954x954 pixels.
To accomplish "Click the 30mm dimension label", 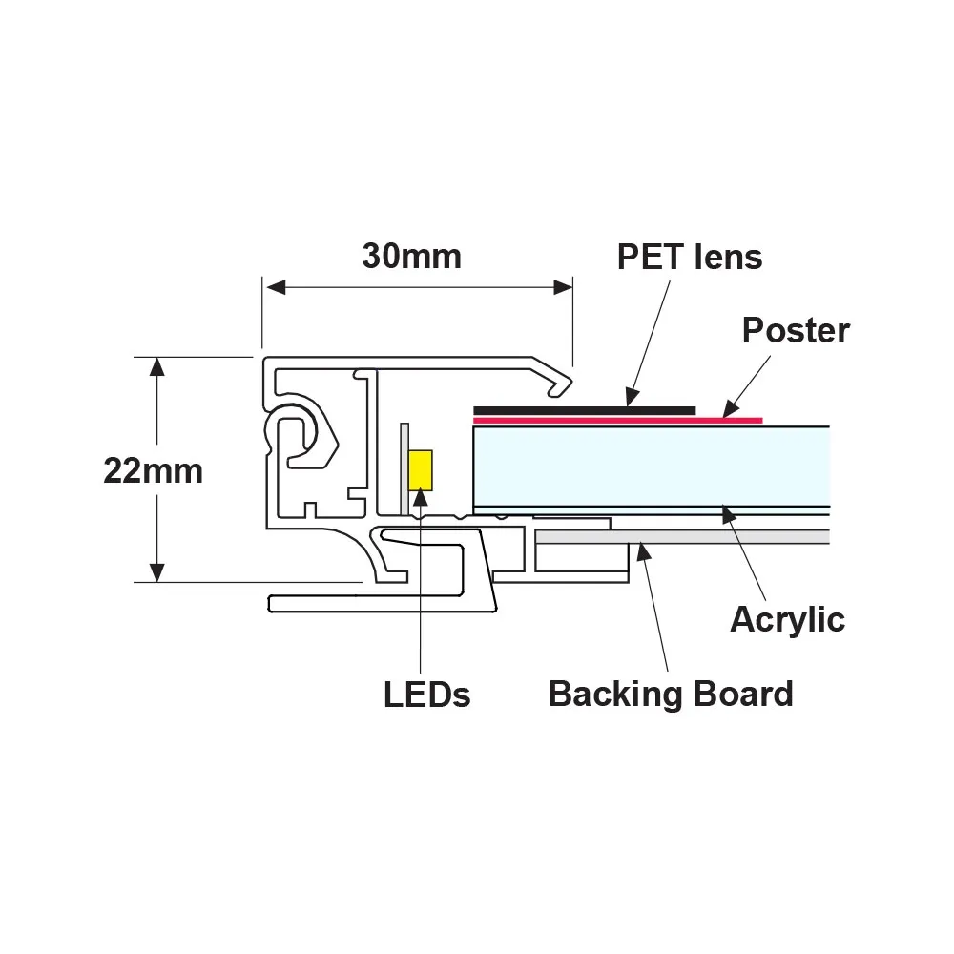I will point(411,256).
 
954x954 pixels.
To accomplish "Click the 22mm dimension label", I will point(153,471).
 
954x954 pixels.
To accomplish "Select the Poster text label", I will point(796,330).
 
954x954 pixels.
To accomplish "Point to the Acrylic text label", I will point(787,619).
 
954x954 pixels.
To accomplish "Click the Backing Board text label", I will point(671,694).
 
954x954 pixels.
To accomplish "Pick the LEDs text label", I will point(427,695).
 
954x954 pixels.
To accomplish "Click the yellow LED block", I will point(420,470).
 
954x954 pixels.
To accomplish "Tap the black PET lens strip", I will point(584,410).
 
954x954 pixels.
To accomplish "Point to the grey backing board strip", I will point(682,537).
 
